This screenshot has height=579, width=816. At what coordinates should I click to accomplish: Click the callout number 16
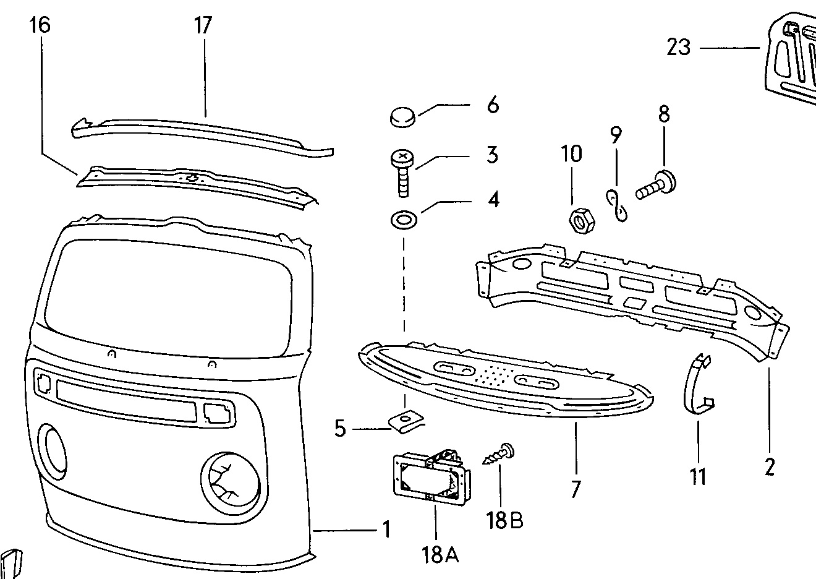tap(40, 25)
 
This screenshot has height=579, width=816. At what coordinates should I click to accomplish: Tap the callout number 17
tap(203, 25)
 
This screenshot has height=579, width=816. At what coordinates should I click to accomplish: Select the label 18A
tap(440, 555)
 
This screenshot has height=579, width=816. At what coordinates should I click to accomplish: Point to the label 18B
tap(504, 520)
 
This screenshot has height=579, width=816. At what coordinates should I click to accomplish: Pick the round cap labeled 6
tap(403, 117)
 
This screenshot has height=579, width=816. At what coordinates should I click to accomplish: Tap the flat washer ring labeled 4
tap(404, 221)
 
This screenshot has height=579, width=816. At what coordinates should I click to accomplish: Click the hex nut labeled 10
tap(582, 221)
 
